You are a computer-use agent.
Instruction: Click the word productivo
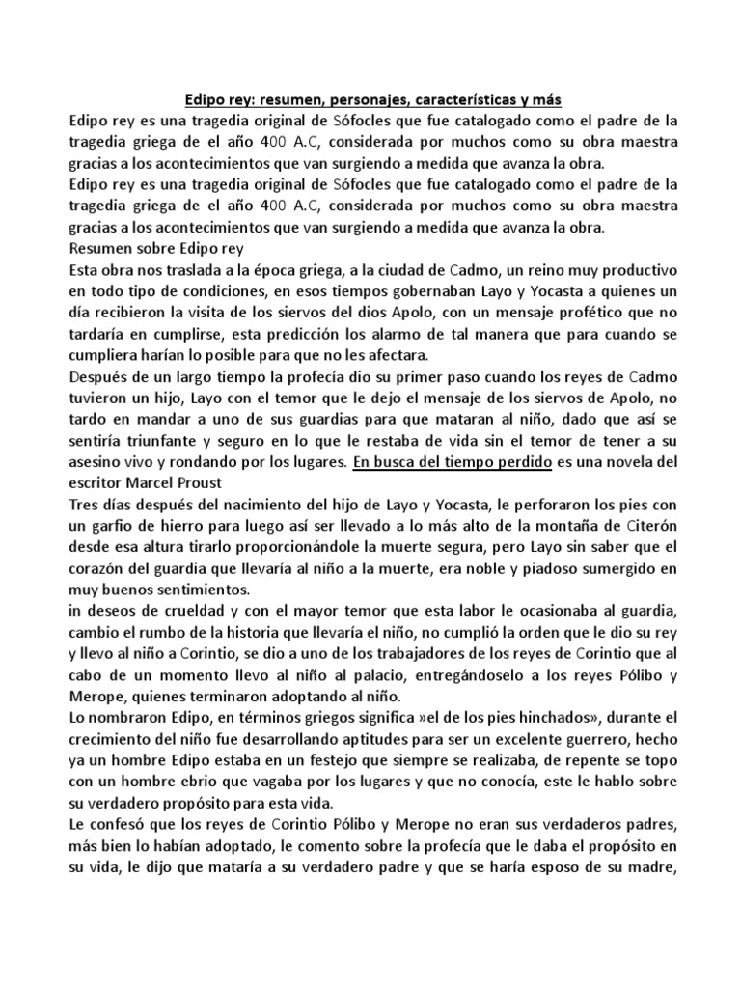coord(628,269)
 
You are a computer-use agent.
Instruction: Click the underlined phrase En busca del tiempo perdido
coord(453,462)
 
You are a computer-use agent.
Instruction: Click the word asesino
coord(99,462)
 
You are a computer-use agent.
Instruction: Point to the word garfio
coord(121,526)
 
